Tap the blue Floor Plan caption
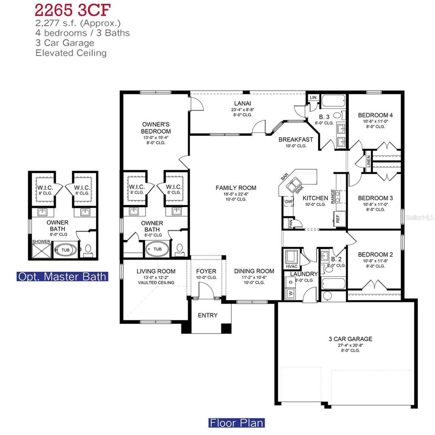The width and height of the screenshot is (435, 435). (236, 423)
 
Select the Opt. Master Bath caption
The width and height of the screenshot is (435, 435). (62, 277)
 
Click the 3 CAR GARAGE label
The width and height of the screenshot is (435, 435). (350, 339)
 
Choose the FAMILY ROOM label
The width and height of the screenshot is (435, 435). (236, 188)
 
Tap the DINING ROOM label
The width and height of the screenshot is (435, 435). (254, 271)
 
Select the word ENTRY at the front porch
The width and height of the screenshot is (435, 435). (208, 315)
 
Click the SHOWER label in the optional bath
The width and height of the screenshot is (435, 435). (41, 242)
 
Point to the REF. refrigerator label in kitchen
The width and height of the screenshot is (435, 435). (338, 219)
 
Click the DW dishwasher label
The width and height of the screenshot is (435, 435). (288, 202)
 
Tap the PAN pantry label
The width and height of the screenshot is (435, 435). (291, 223)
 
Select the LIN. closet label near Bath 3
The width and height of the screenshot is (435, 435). (313, 98)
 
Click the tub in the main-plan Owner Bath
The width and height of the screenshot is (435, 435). (157, 249)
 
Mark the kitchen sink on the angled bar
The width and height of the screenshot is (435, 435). (294, 186)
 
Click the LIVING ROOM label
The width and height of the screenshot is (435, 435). (156, 271)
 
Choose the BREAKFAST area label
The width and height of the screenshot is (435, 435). (296, 139)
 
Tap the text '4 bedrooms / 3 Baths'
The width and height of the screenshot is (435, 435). (83, 33)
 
